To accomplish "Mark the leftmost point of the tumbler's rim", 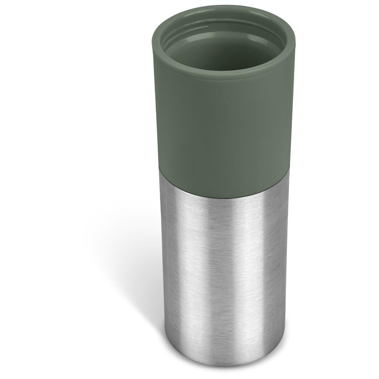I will pyautogui.click(x=152, y=41).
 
